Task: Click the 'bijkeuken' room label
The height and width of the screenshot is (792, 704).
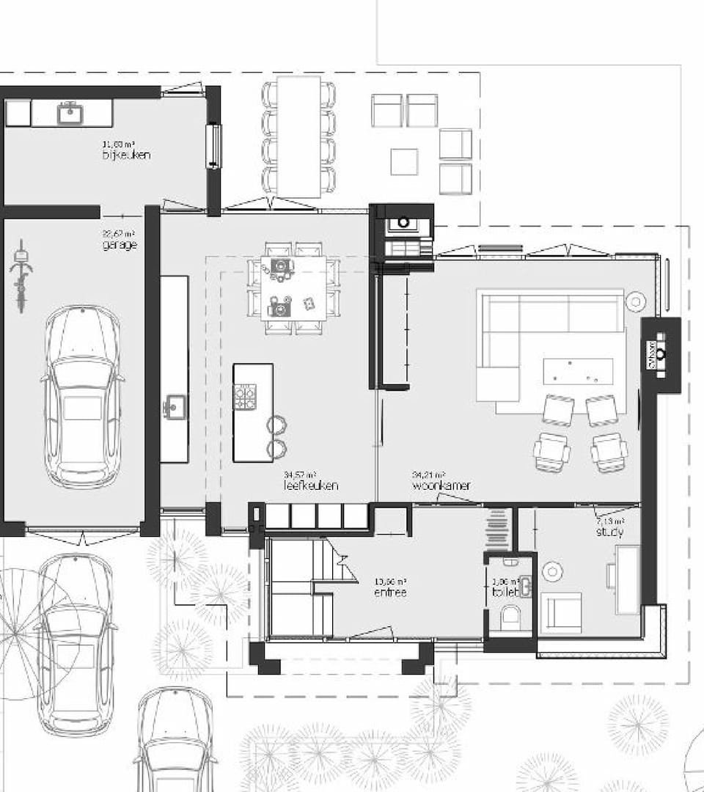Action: [126, 155]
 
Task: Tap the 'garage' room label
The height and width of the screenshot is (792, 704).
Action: [120, 245]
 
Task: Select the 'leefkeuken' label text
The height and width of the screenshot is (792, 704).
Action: [311, 485]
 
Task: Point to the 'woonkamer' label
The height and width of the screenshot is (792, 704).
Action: [441, 485]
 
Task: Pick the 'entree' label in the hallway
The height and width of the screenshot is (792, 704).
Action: [389, 592]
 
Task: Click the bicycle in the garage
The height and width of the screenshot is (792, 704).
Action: [21, 275]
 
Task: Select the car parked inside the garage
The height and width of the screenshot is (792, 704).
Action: [82, 396]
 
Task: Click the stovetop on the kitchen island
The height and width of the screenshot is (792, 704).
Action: [246, 397]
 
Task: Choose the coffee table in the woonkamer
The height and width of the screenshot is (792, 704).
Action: [578, 371]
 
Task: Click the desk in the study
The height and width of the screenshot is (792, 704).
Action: [627, 579]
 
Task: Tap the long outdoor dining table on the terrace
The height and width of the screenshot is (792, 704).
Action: [298, 136]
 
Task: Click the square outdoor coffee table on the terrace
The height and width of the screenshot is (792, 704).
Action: [403, 161]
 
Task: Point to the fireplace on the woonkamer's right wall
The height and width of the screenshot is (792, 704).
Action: [660, 355]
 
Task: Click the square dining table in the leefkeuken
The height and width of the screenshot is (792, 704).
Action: [293, 287]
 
